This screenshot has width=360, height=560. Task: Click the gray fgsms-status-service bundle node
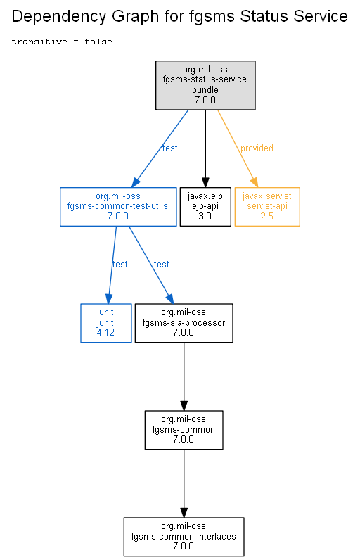(205, 85)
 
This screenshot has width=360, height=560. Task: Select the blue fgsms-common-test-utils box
(118, 207)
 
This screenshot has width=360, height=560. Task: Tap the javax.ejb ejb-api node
(205, 207)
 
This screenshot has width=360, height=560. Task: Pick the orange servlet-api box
(267, 207)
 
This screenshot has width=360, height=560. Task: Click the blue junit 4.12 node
(106, 323)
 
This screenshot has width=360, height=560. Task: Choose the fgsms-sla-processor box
(184, 323)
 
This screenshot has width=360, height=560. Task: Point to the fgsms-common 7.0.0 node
(184, 430)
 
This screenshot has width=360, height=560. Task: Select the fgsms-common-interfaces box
(184, 537)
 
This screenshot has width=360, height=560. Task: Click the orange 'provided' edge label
(257, 148)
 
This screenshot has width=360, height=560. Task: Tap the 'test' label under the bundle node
(170, 148)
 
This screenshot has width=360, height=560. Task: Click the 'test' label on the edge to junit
(120, 265)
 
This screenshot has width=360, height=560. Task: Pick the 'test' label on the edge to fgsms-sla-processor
(161, 265)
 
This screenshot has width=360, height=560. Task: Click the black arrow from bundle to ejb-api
(205, 148)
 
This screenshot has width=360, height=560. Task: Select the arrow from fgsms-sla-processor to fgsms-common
(184, 376)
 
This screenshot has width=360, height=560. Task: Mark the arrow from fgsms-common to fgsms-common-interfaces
(184, 483)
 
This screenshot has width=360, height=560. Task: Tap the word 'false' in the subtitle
(98, 42)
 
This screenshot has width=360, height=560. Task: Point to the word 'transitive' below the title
(39, 42)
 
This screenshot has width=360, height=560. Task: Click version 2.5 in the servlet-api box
(267, 217)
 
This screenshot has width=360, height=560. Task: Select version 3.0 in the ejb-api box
(205, 217)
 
